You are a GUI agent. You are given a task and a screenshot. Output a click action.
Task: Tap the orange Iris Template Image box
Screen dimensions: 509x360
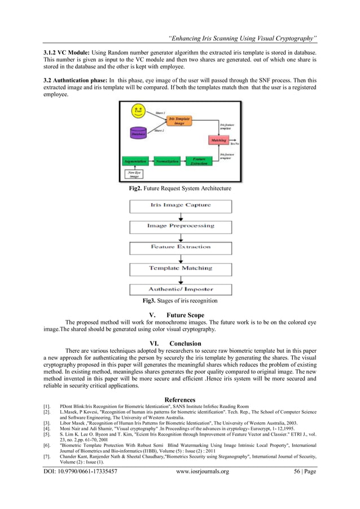pyautogui.click(x=179, y=121)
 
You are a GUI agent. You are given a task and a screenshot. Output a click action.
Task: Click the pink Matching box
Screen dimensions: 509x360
pyautogui.click(x=219, y=140)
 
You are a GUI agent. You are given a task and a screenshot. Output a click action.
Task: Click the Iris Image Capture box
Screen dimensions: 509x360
pyautogui.click(x=181, y=205)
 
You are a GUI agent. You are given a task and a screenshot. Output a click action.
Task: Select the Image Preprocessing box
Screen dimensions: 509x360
pyautogui.click(x=181, y=226)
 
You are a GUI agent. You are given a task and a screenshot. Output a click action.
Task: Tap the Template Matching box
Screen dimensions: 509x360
pyautogui.click(x=181, y=268)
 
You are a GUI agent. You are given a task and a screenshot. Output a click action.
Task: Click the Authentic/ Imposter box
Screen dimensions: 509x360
pyautogui.click(x=181, y=289)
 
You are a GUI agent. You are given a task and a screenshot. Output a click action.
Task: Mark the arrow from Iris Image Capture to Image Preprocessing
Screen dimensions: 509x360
pyautogui.click(x=181, y=216)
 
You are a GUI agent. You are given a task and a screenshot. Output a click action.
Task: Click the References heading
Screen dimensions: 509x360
pyautogui.click(x=180, y=400)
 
